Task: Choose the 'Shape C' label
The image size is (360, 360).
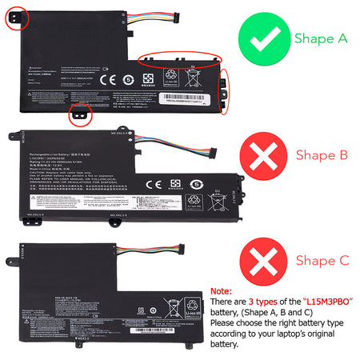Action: pyautogui.click(x=321, y=260)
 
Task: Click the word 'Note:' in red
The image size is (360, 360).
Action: pyautogui.click(x=222, y=293)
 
